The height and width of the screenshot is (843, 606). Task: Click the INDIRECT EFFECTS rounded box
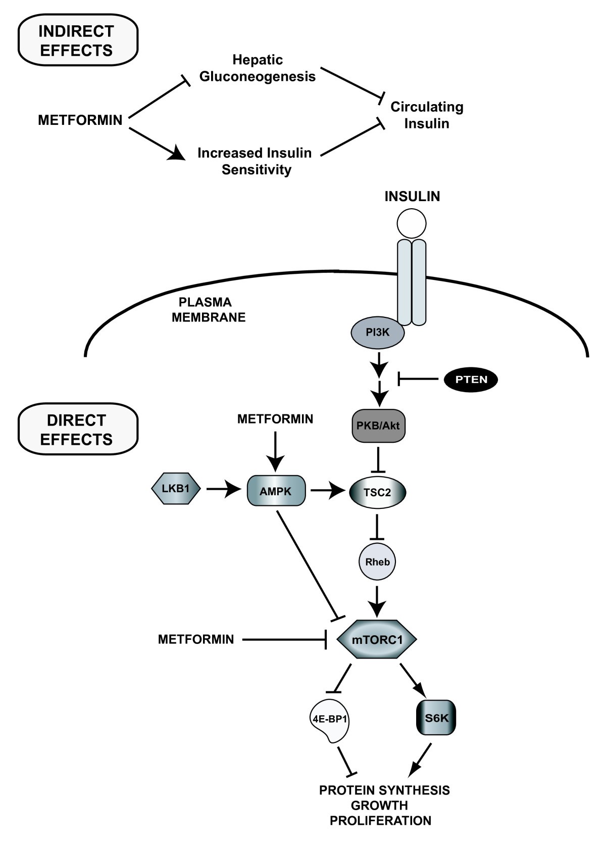click(x=77, y=41)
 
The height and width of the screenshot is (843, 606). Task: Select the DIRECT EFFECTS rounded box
click(x=77, y=430)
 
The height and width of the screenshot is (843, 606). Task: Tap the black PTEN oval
click(x=471, y=379)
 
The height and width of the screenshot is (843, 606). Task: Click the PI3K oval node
click(x=378, y=333)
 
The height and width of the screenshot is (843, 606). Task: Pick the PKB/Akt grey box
click(x=378, y=426)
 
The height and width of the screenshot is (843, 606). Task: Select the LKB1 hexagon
click(x=176, y=488)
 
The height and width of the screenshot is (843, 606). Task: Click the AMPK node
click(x=276, y=490)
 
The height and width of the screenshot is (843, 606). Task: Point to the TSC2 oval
click(x=378, y=492)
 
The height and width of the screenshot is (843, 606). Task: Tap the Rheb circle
click(x=377, y=561)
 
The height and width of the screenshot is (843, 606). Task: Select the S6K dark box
click(x=436, y=718)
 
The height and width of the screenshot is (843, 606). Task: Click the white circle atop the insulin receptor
click(x=412, y=223)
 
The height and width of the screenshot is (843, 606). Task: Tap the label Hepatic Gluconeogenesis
click(x=258, y=68)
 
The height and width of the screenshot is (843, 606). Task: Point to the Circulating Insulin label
click(x=427, y=115)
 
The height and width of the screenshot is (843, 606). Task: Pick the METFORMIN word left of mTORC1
click(x=196, y=639)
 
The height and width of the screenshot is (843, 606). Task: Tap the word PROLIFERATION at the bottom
click(x=380, y=820)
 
